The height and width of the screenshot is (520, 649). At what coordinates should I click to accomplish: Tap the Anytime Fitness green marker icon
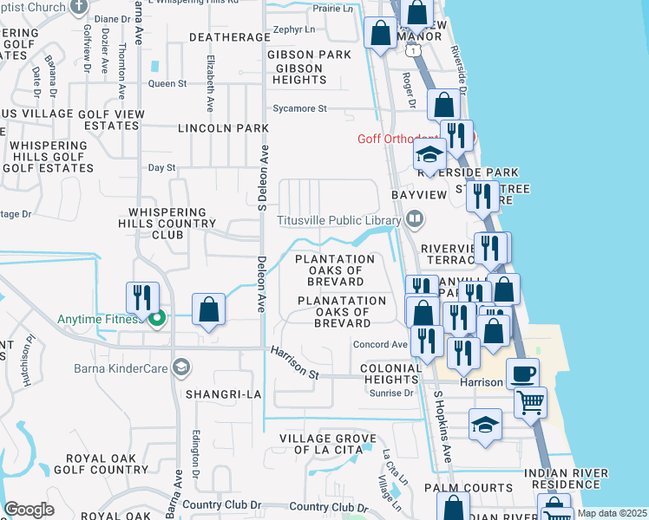157,320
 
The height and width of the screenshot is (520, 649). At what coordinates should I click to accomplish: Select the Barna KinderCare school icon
180,365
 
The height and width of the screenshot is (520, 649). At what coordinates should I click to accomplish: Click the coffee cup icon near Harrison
522,374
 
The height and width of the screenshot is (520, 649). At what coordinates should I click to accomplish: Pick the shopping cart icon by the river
530,402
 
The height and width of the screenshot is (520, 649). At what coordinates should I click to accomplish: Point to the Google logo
29,510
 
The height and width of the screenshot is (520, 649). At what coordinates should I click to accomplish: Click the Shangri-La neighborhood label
223,394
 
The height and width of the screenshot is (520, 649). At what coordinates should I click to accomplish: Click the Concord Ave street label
379,344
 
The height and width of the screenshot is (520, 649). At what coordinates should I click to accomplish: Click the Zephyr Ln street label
292,29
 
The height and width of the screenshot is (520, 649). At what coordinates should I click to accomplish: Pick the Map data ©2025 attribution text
610,513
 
